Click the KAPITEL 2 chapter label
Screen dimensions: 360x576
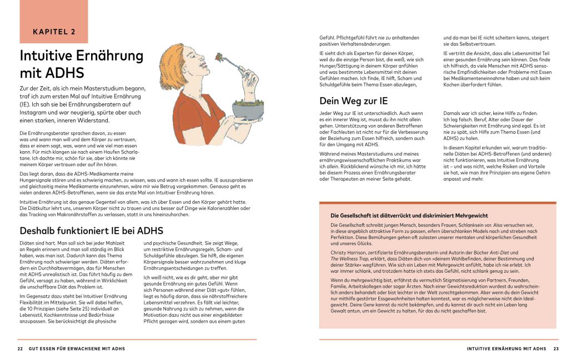pyautogui.click(x=54, y=32)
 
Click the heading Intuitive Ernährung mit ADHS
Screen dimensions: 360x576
pyautogui.click(x=81, y=64)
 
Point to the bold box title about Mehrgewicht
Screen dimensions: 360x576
pyautogui.click(x=409, y=215)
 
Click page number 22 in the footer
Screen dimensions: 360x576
pyautogui.click(x=20, y=349)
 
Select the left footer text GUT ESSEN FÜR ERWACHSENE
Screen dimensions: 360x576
pyautogui.click(x=77, y=349)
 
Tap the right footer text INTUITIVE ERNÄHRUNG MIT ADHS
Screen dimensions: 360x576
pyautogui.click(x=507, y=349)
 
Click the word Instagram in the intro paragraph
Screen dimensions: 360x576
pyautogui.click(x=34, y=112)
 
